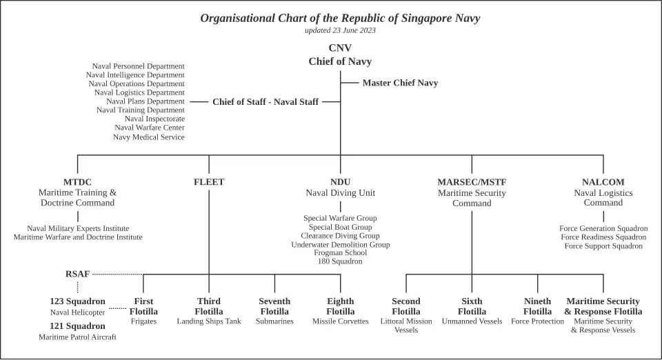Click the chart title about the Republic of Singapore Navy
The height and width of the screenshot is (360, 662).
[340, 18]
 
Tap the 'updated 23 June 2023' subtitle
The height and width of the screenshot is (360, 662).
[340, 30]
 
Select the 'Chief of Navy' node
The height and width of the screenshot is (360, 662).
[340, 61]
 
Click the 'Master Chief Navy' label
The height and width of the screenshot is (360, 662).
[400, 83]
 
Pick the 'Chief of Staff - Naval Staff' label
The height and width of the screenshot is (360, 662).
[265, 101]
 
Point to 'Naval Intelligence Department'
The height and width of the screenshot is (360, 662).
[135, 75]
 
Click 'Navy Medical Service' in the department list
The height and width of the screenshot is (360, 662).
[149, 137]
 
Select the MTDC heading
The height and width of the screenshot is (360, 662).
[77, 182]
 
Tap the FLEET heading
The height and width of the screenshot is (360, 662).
[209, 182]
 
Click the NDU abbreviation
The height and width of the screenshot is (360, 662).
[340, 182]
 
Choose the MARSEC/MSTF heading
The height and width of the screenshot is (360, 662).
[472, 182]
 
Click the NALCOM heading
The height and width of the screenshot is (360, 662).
[603, 182]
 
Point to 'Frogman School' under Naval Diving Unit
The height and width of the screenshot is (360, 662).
[340, 252]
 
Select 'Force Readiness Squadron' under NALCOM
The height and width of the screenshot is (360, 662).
[603, 237]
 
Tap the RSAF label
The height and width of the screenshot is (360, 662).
[77, 274]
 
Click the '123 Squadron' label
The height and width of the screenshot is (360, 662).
[77, 301]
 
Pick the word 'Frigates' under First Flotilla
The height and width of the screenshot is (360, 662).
[143, 321]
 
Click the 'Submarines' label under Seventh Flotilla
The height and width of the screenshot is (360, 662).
[274, 321]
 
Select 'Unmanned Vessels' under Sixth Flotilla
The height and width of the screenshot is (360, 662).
[472, 321]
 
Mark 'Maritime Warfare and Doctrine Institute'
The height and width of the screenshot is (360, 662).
[78, 237]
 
